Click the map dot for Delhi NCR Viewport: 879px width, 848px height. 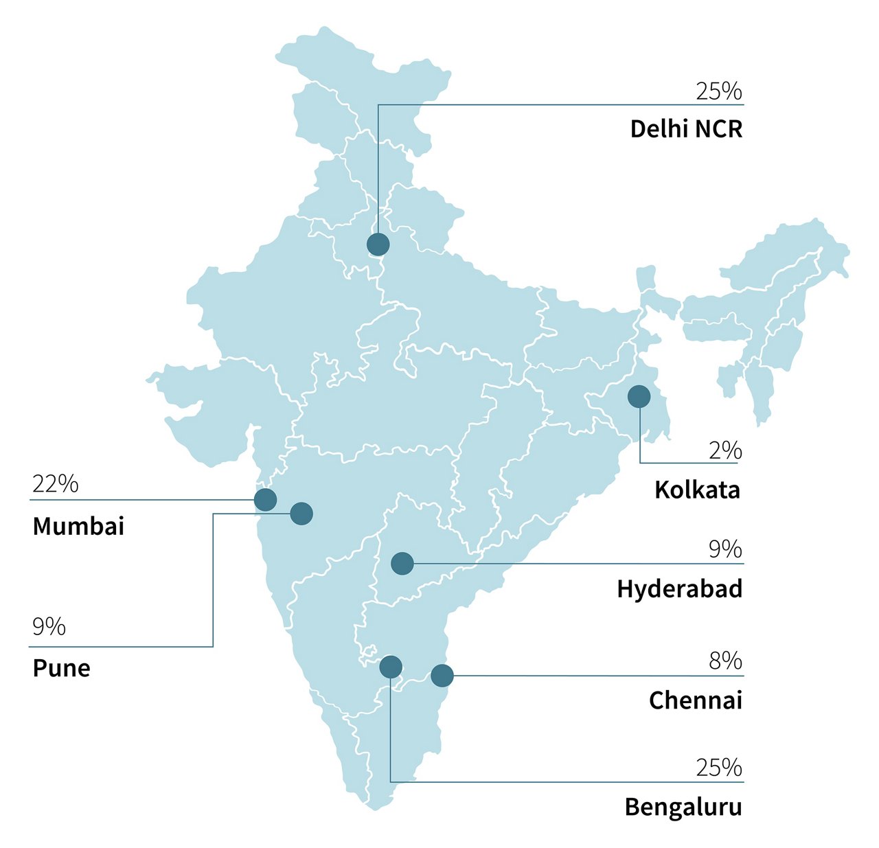378,244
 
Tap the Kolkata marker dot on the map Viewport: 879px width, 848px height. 639,396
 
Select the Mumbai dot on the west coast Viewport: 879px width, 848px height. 265,500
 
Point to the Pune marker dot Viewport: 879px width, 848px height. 301,513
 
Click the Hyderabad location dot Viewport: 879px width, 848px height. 402,564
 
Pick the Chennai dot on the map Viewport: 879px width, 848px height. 442,676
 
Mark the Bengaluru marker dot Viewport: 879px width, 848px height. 390,666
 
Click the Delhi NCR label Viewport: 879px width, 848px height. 686,129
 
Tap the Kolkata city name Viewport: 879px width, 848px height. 697,490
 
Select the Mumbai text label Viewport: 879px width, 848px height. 78,527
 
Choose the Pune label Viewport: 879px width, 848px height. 61,668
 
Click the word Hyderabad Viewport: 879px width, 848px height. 679,589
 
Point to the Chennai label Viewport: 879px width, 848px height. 695,700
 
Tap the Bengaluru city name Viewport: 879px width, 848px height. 683,807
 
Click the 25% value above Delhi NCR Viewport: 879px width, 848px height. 718,91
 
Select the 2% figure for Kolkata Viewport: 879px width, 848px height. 725,450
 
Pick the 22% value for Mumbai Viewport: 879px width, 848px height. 55,484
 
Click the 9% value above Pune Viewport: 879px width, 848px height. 49,626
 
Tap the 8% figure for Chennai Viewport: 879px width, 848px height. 725,661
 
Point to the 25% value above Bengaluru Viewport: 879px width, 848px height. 718,768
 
